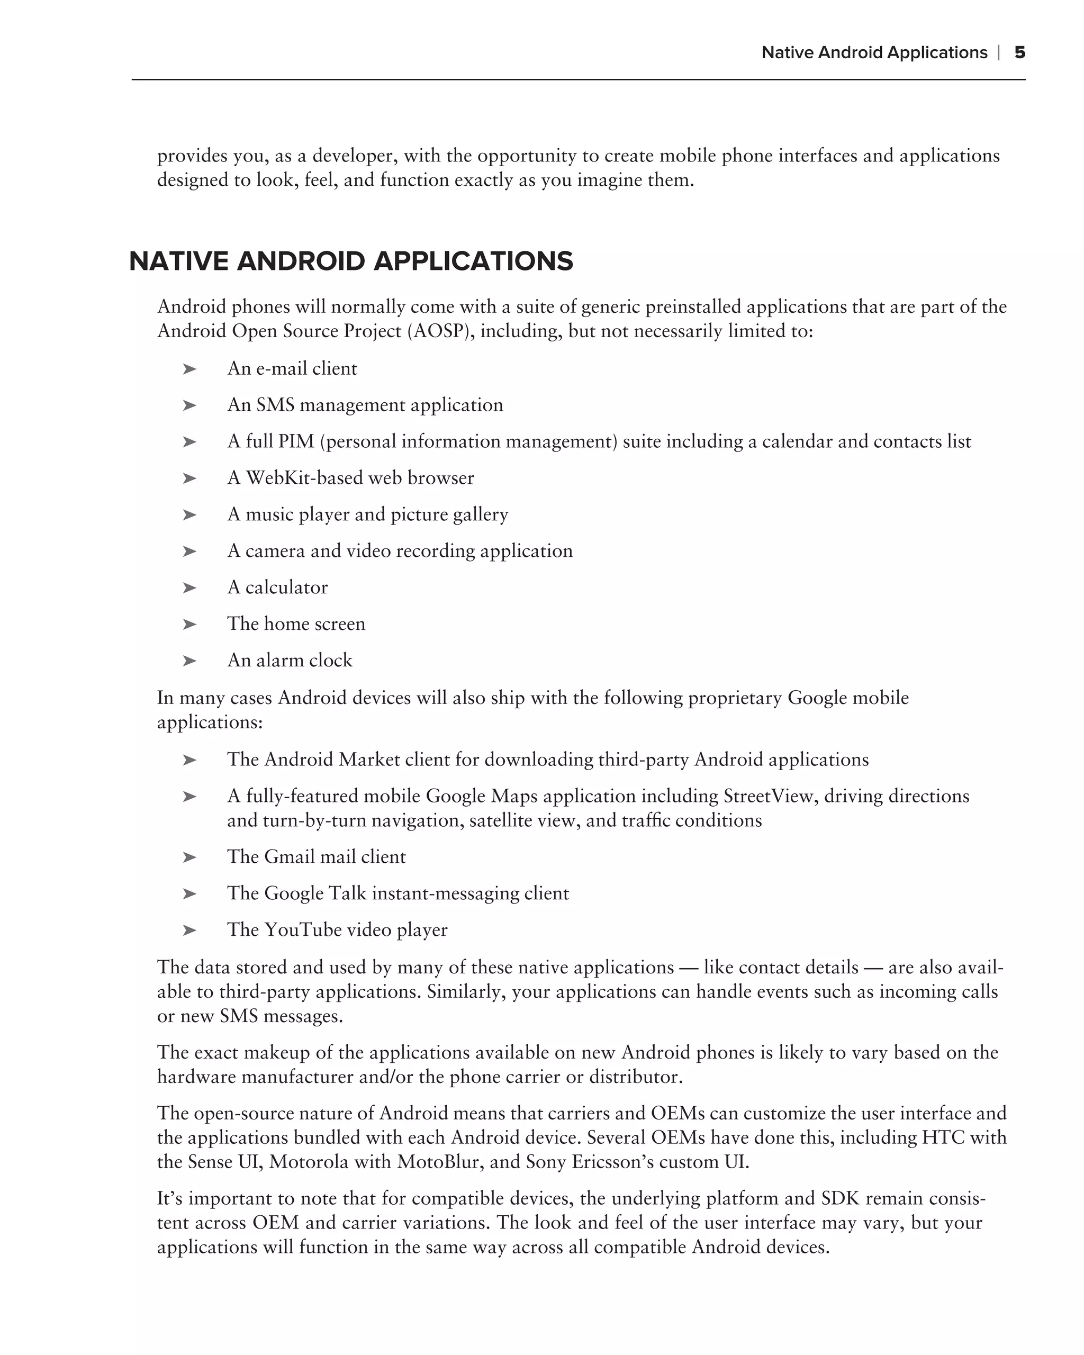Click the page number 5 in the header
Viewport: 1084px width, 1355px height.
(1020, 52)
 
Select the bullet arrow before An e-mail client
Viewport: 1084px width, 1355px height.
(189, 369)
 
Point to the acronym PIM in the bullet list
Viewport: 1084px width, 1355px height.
(296, 441)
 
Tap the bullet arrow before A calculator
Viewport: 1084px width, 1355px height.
(189, 588)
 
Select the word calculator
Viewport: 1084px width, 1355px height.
(286, 587)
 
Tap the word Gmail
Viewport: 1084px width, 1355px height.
(289, 856)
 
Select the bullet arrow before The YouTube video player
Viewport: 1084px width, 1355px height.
(189, 930)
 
